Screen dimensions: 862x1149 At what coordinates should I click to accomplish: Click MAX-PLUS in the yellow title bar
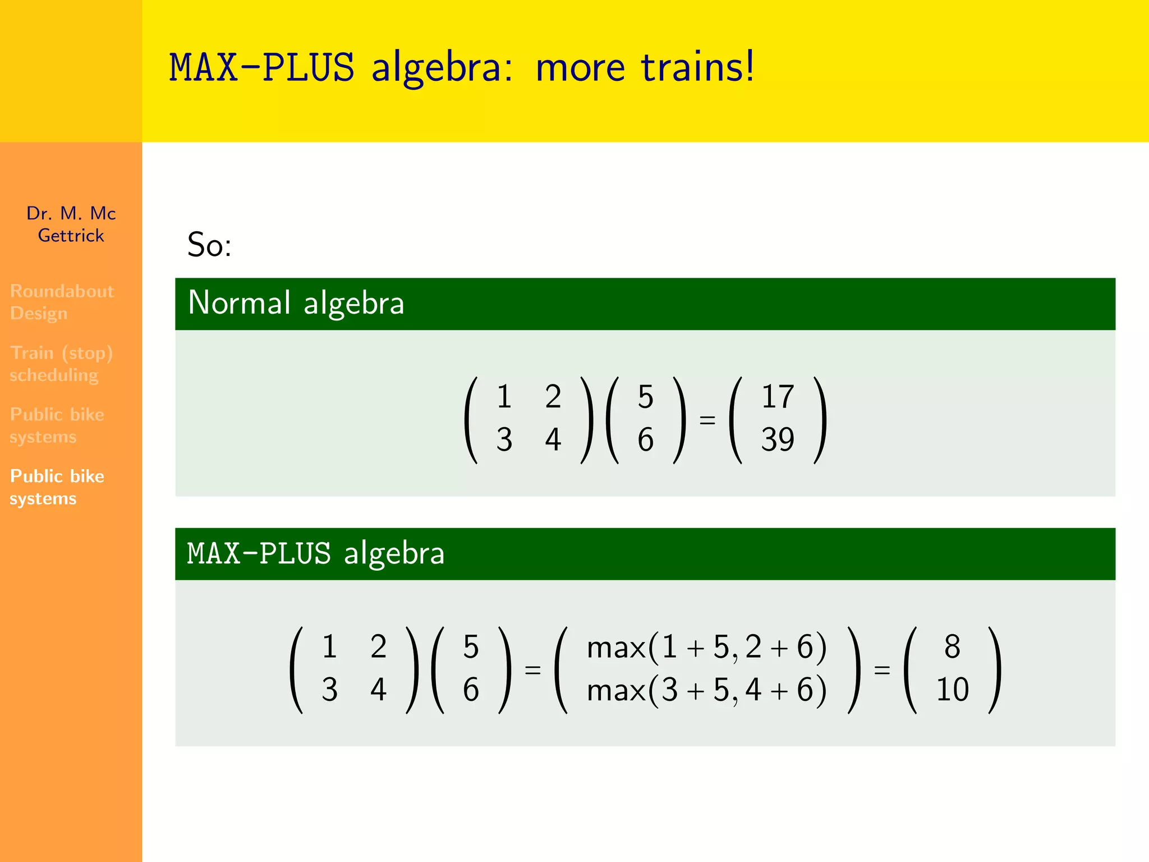(262, 67)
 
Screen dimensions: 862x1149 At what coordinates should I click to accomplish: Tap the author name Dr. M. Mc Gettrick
(71, 224)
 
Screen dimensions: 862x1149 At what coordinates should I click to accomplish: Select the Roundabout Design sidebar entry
(62, 302)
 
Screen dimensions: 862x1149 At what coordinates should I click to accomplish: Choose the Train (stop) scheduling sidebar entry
(61, 364)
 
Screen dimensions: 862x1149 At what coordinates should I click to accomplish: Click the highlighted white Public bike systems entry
(57, 487)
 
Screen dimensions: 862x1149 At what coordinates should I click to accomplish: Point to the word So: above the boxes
(209, 245)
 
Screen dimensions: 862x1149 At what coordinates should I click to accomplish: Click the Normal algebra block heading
(296, 303)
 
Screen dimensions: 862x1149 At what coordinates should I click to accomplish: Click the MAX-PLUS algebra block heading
(316, 553)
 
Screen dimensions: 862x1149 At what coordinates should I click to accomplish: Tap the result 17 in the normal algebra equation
(778, 397)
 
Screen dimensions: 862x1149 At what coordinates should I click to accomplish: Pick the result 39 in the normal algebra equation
(778, 439)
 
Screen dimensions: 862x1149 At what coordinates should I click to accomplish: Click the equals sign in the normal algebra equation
(707, 419)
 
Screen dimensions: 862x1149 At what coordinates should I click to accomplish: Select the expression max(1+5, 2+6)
(706, 647)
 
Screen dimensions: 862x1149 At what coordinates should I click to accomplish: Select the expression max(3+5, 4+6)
(706, 690)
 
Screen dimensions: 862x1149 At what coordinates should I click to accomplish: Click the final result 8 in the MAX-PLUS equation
(952, 647)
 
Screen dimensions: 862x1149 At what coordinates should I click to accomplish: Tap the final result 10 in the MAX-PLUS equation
(952, 690)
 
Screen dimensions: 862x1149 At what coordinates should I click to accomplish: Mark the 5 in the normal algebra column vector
(646, 397)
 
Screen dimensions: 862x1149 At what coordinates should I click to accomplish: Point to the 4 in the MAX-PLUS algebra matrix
(378, 690)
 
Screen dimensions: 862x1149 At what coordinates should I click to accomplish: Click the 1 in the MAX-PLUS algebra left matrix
(329, 647)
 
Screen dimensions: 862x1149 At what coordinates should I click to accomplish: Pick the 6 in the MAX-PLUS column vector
(471, 690)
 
